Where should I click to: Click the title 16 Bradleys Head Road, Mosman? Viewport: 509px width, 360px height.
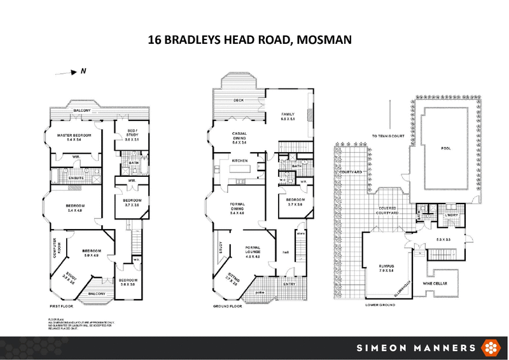click(254, 40)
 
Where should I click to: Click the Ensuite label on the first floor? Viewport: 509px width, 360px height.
click(77, 177)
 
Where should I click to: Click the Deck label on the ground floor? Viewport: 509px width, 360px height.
click(239, 100)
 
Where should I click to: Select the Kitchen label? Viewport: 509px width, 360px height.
click(239, 160)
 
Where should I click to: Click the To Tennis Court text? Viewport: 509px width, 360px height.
click(387, 135)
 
